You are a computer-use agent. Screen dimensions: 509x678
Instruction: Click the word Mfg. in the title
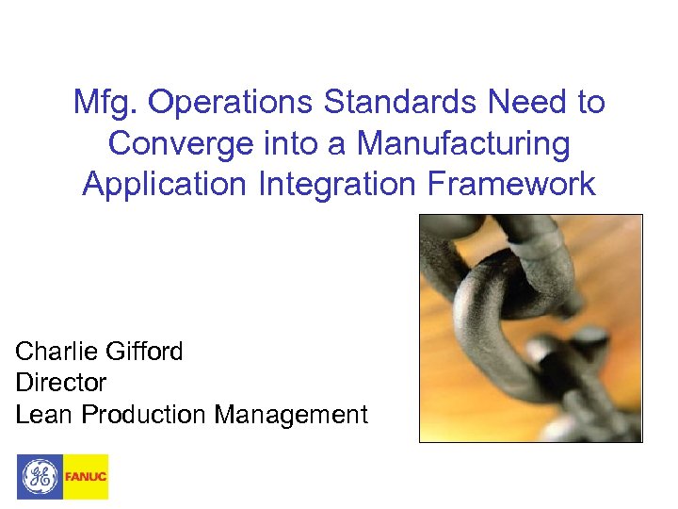pyautogui.click(x=106, y=103)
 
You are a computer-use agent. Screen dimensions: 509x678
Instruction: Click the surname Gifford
pyautogui.click(x=146, y=352)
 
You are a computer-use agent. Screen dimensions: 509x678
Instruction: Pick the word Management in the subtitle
pyautogui.click(x=291, y=414)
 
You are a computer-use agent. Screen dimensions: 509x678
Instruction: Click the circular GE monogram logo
pyautogui.click(x=40, y=476)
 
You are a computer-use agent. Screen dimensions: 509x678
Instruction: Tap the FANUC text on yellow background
pyautogui.click(x=86, y=477)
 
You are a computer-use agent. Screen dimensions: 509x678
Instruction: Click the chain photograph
pyautogui.click(x=530, y=328)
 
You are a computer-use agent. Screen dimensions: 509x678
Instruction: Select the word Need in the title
pyautogui.click(x=497, y=103)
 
